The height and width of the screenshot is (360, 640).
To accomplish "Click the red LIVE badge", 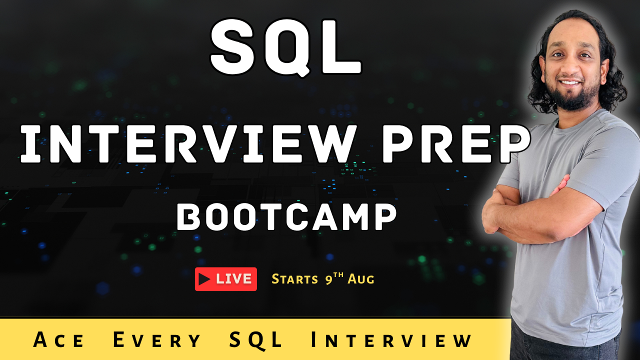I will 225,279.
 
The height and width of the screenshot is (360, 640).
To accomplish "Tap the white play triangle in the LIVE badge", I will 204,279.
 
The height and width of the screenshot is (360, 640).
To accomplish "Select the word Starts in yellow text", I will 294,279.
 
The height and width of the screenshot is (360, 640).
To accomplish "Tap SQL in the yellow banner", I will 255,340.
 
